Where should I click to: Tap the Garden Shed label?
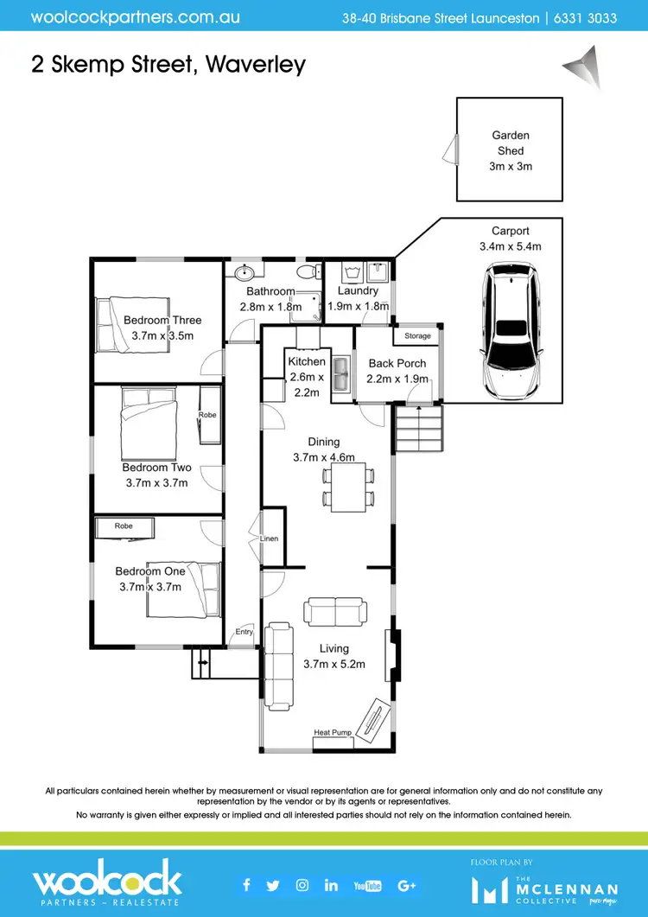510,143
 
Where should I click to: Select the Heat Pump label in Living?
333,733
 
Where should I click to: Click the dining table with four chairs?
349,485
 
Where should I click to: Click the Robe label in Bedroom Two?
207,415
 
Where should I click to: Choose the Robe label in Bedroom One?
122,525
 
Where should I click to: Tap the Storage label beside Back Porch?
417,335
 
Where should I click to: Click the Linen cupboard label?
270,538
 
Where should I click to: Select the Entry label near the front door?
244,632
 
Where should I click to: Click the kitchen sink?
343,373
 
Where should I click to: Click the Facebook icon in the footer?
246,884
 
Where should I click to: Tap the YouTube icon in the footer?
367,885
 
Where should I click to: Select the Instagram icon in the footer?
302,884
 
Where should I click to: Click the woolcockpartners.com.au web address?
136,16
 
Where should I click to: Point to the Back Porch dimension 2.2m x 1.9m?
397,379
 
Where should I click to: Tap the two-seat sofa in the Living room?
334,612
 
